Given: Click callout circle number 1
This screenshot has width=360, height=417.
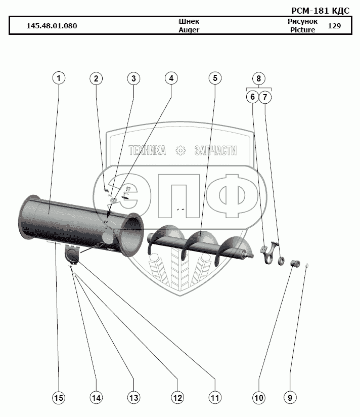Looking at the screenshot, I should (59, 78).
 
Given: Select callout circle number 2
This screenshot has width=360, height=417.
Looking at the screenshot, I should (97, 78).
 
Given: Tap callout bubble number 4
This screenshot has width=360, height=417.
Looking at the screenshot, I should (171, 78).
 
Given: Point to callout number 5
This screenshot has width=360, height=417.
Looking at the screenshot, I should (214, 78).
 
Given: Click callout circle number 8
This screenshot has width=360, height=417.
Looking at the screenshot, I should (258, 78).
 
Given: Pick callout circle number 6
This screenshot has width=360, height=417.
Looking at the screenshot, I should (252, 96).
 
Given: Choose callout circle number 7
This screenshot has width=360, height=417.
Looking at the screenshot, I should (266, 96).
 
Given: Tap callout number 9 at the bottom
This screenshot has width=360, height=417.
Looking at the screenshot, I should (290, 398).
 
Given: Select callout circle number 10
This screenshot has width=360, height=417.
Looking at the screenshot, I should (258, 398).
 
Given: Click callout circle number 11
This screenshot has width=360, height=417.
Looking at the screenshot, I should (214, 398).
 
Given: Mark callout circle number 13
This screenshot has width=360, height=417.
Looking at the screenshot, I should (133, 398).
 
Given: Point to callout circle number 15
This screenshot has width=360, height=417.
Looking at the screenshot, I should (59, 398).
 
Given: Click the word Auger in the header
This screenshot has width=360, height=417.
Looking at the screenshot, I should (189, 30).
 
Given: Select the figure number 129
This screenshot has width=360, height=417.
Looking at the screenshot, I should (334, 26).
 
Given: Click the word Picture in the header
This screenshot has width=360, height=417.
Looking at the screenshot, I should (302, 30).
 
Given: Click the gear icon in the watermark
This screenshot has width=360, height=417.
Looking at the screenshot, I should (180, 150).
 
